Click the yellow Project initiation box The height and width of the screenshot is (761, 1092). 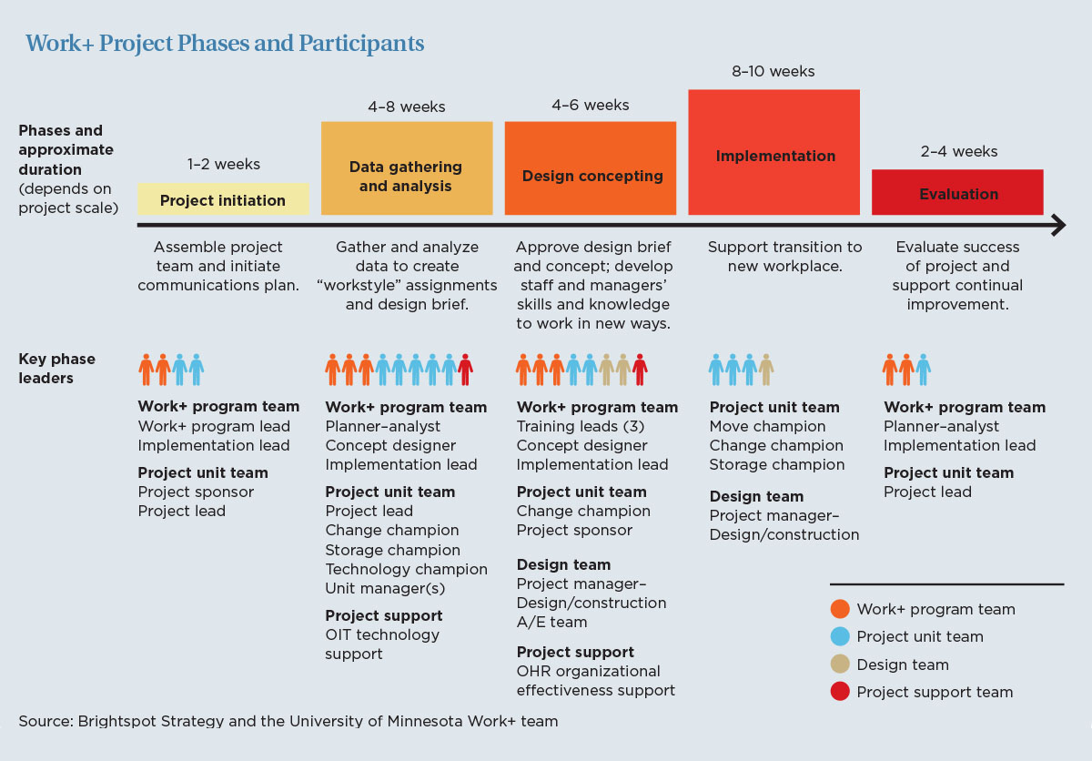point(223,199)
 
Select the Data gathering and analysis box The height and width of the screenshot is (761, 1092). point(407,168)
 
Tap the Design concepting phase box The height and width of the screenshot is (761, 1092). point(591,168)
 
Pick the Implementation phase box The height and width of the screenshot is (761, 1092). point(773,152)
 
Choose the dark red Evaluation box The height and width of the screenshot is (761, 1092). point(957,192)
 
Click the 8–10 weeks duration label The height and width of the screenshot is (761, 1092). point(773,71)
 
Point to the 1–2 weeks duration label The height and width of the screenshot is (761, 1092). point(223,164)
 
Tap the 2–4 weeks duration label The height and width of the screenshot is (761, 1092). point(959,151)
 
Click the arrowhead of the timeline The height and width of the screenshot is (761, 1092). point(1059,225)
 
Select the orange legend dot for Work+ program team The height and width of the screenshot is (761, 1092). point(840,608)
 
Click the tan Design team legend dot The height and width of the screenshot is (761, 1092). point(840,664)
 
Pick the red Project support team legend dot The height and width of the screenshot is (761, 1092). point(840,691)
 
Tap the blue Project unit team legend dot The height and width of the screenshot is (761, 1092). point(840,636)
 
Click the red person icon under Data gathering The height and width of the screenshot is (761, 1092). point(465,370)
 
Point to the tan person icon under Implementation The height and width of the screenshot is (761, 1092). point(766,370)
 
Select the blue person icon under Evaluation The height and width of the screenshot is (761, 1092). point(923,370)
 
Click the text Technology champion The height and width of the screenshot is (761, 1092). point(406,569)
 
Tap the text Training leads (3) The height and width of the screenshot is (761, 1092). point(581,426)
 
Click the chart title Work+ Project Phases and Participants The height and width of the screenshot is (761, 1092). point(225,43)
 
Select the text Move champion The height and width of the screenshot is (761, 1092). point(767,426)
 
